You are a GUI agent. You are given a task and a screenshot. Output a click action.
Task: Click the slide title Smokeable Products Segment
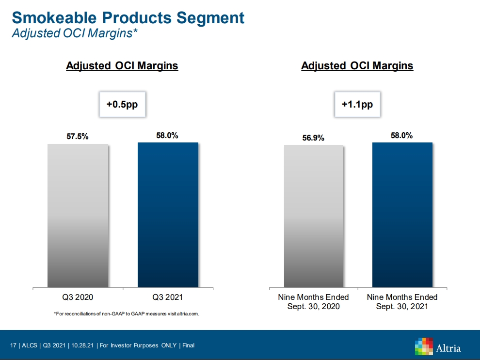pyautogui.click(x=128, y=18)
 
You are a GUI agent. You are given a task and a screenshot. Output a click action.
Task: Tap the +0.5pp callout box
pyautogui.click(x=122, y=104)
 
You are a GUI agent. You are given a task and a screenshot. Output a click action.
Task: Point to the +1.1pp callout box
pyautogui.click(x=358, y=104)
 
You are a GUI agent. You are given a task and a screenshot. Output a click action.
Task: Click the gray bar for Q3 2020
pyautogui.click(x=78, y=215)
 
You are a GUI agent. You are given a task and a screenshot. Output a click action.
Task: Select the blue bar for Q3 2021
pyautogui.click(x=168, y=215)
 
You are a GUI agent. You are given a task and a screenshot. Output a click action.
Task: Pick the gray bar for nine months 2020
pyautogui.click(x=314, y=216)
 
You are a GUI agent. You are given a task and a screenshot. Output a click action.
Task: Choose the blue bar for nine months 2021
pyautogui.click(x=402, y=215)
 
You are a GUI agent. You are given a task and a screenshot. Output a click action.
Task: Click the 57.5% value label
pyautogui.click(x=78, y=137)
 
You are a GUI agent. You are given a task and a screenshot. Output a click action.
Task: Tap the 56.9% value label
pyautogui.click(x=313, y=138)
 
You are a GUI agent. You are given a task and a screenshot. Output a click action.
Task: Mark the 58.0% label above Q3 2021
pyautogui.click(x=167, y=136)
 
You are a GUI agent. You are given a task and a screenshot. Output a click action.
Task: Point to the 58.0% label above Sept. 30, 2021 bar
pyautogui.click(x=401, y=136)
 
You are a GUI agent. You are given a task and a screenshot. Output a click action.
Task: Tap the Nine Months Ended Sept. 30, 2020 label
pyautogui.click(x=314, y=301)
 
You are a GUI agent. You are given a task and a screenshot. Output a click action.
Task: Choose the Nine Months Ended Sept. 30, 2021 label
pyautogui.click(x=402, y=301)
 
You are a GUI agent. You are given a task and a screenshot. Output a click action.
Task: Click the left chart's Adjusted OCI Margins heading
pyautogui.click(x=122, y=66)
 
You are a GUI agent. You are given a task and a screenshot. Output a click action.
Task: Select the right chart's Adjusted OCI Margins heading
pyautogui.click(x=357, y=66)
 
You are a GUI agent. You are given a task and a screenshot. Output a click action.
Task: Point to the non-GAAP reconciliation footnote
pyautogui.click(x=127, y=314)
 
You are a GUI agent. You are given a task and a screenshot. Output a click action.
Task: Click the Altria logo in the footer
pyautogui.click(x=438, y=347)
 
